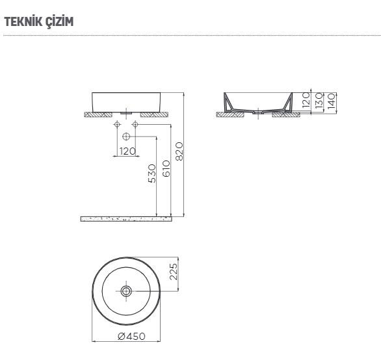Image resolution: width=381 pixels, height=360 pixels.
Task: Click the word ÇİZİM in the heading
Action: tap(58, 22)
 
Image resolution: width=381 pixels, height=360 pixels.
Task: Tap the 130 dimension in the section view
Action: tap(319, 101)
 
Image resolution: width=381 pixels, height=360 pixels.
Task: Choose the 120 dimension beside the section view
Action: tap(306, 99)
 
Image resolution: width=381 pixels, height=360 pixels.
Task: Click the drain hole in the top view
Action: tap(125, 290)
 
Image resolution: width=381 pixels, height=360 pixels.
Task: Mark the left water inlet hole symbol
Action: tap(117, 123)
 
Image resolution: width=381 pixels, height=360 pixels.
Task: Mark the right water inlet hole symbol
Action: tap(135, 123)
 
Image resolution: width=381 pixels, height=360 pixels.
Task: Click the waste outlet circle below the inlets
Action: tap(126, 136)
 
